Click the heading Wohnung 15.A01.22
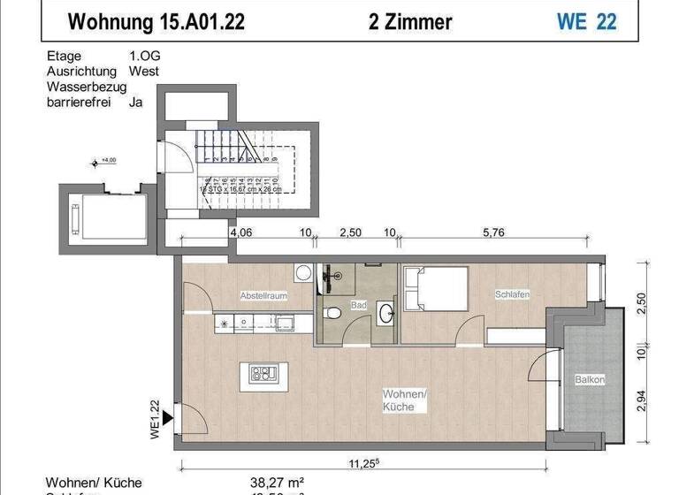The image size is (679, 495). point(156,21)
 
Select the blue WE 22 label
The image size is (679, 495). point(586,21)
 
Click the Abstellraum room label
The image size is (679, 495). point(263,296)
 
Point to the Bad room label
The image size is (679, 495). point(358,305)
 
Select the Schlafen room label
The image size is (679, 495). point(512,294)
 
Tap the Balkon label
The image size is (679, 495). point(590,380)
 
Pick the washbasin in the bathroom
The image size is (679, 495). point(386,312)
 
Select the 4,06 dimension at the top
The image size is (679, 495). point(240,234)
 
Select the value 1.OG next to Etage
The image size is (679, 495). point(145,55)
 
